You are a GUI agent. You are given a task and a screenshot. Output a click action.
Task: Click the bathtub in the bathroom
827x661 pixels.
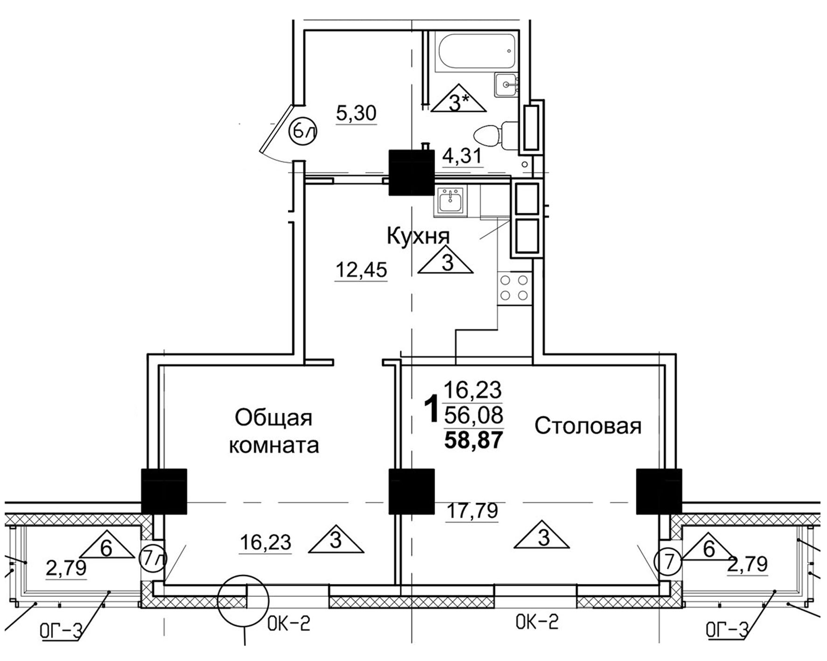(476, 52)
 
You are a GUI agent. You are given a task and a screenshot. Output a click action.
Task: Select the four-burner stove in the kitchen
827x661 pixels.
(515, 288)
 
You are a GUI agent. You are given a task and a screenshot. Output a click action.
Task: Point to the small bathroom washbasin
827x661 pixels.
(507, 85)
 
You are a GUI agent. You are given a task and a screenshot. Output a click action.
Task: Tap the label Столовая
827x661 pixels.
(588, 426)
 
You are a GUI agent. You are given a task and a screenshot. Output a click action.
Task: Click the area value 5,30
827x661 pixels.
(356, 113)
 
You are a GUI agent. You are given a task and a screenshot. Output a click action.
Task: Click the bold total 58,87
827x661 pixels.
(474, 440)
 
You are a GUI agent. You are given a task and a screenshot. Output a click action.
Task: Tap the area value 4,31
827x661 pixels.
(462, 156)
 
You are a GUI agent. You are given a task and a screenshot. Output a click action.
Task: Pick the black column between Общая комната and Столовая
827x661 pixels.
(411, 491)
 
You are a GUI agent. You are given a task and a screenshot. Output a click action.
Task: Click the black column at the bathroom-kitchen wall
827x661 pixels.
(411, 172)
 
